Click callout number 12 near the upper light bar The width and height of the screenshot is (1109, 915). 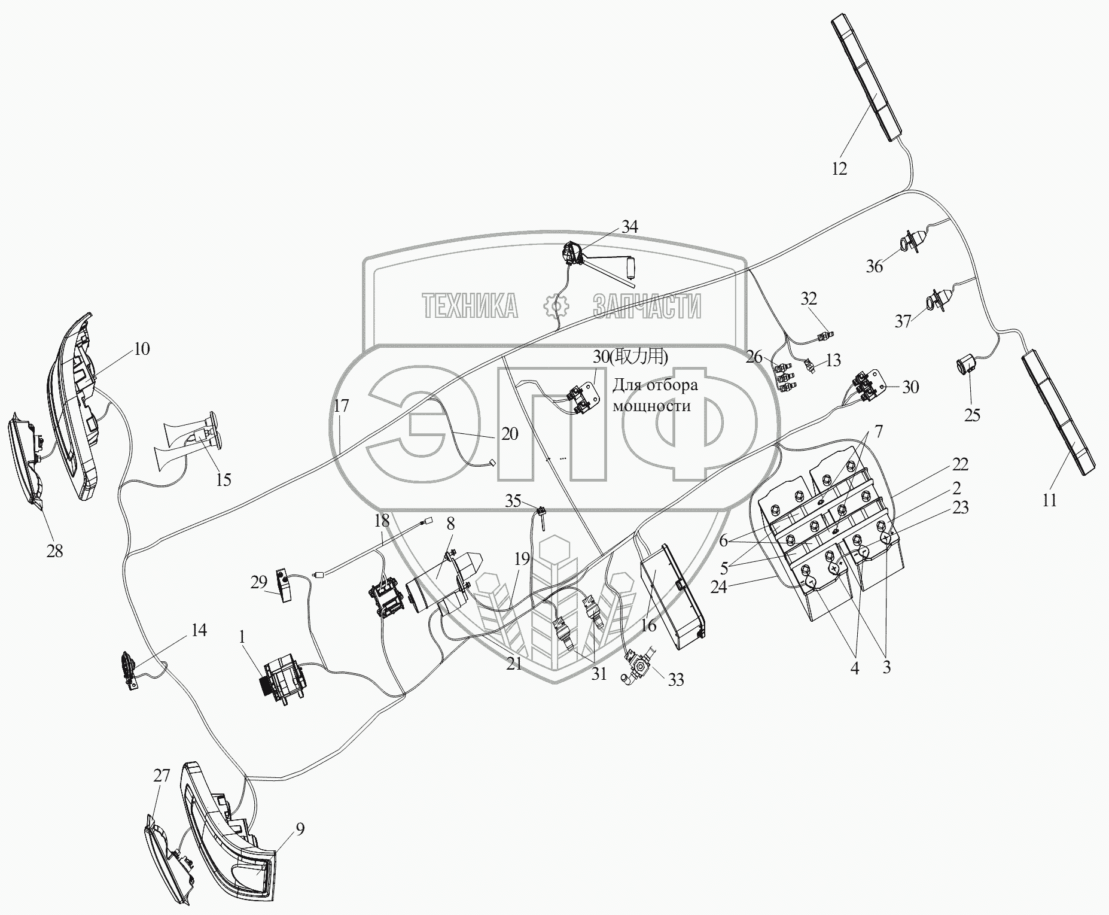pyautogui.click(x=839, y=169)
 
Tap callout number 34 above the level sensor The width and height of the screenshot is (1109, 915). pyautogui.click(x=629, y=227)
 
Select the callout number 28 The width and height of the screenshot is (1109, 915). pyautogui.click(x=54, y=551)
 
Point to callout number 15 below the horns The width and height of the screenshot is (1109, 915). pyautogui.click(x=223, y=480)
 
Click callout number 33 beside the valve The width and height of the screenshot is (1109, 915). pyautogui.click(x=675, y=680)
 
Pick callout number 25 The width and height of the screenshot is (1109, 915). pyautogui.click(x=972, y=415)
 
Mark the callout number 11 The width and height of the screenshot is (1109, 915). pyautogui.click(x=1050, y=500)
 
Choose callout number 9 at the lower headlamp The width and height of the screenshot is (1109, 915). pyautogui.click(x=300, y=829)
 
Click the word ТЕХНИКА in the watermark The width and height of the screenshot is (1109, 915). pyautogui.click(x=470, y=306)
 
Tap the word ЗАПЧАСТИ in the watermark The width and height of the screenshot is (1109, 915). pyautogui.click(x=647, y=306)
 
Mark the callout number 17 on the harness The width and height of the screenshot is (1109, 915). pyautogui.click(x=341, y=406)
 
